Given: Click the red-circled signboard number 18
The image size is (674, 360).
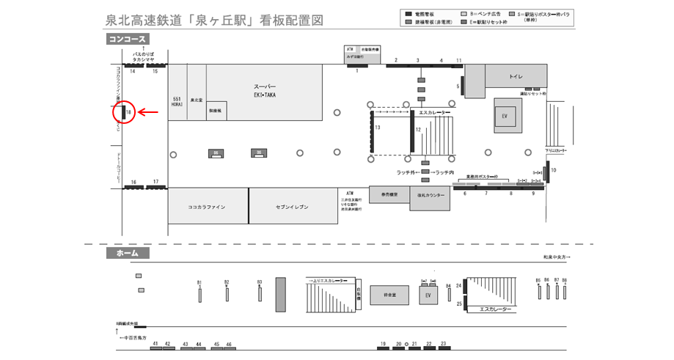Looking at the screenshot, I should pos(128,112).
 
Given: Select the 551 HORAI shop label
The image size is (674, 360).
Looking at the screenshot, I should pos(177,101).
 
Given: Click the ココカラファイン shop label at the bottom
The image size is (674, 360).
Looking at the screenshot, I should pos(206,207).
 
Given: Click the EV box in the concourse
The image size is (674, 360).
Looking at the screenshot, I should pos(505,116).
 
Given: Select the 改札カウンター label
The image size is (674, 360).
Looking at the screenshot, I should pos(431,196).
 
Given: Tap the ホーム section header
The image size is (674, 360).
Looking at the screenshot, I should pos(128,253).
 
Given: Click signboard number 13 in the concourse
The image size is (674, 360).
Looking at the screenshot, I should pos(378,128).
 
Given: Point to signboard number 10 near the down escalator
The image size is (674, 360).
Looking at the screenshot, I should pos(554,170).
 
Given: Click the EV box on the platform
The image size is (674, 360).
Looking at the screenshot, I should pos(428,295).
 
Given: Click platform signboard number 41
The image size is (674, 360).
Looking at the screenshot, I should pos(155,344).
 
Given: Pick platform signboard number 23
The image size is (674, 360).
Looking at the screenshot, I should pos(443,344).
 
